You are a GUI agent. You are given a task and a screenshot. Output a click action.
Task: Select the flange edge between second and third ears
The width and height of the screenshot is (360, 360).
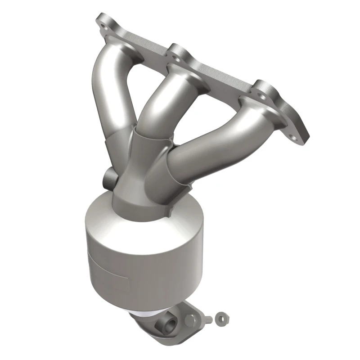click(220, 72)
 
